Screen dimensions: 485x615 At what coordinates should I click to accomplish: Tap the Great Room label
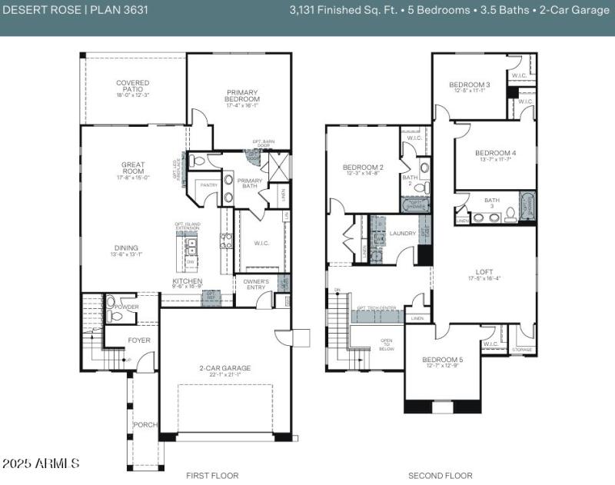pos(133,169)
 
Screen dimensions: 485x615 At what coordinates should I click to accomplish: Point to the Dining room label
pos(128,249)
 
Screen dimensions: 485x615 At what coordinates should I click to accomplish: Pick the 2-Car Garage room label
pos(225,370)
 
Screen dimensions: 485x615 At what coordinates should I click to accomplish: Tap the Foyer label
pos(139,340)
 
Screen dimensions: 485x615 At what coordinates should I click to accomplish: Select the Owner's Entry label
pos(256,285)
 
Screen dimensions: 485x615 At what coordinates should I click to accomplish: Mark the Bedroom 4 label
pos(495,154)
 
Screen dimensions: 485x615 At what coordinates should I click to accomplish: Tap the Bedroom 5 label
pos(442,362)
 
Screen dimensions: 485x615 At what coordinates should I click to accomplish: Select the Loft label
pos(484,274)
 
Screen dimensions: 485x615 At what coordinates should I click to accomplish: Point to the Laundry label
pos(403,233)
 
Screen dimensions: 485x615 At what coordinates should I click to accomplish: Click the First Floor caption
pos(212,476)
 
